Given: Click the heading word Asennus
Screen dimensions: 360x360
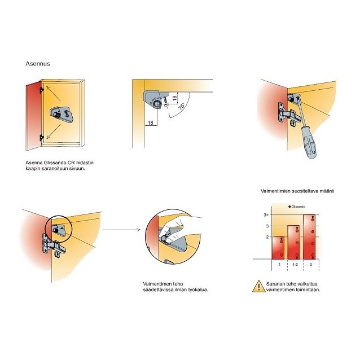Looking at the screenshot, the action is pos(38,64).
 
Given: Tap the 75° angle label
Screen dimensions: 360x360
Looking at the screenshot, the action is pos(181,106).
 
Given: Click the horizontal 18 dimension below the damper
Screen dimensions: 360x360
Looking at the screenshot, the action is pos(151,122).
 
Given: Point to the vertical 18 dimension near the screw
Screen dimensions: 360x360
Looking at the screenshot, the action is pos(174,98).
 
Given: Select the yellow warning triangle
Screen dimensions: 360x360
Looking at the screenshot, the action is pos(259,286).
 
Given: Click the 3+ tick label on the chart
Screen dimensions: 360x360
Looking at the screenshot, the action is pos(266,215).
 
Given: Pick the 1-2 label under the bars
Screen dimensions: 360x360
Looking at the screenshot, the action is pos(295,265).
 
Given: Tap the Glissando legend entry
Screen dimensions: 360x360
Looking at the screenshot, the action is pos(297,207).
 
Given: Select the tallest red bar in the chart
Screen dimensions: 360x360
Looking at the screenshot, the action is pos(309,237).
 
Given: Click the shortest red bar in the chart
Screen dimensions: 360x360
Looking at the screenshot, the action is pos(278,248).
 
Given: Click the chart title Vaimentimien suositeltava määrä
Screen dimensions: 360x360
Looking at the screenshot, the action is pos(297,191).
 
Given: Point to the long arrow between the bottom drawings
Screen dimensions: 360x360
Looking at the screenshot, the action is pos(121,230).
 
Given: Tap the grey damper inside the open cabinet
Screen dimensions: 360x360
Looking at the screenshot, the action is pos(62,113).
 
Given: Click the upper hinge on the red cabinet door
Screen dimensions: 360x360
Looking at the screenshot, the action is pos(42,90).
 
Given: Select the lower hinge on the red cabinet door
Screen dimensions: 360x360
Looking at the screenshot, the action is pos(42,138).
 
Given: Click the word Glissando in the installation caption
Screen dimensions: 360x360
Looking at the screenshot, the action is pos(55,163).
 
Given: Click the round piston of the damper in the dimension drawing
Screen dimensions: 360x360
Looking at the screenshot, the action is pos(157,104).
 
